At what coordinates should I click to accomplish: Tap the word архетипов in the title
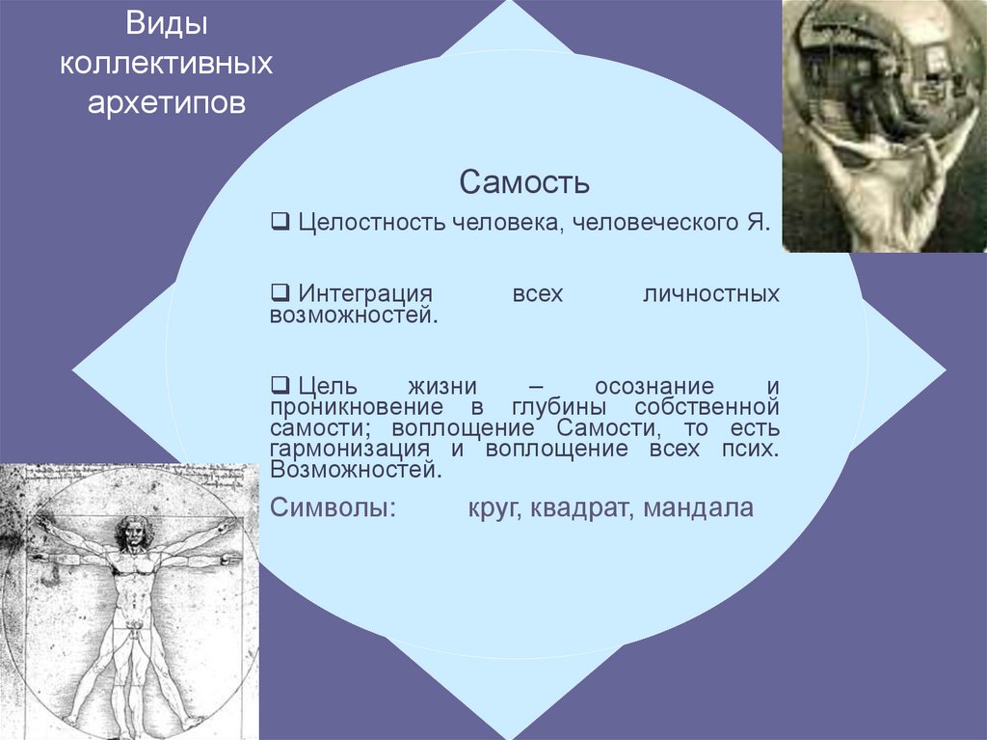[x=166, y=101]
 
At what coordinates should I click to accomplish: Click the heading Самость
[x=524, y=181]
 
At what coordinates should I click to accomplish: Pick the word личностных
[x=710, y=292]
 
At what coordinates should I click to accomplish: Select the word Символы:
[x=333, y=507]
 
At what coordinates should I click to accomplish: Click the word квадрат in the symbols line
[x=580, y=507]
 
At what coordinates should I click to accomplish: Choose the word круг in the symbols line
[x=492, y=507]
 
